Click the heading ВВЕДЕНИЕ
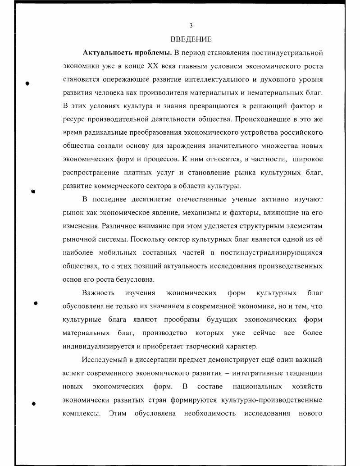point(191,40)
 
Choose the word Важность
point(98,293)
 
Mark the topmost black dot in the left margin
point(28,84)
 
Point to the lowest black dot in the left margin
point(33,404)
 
